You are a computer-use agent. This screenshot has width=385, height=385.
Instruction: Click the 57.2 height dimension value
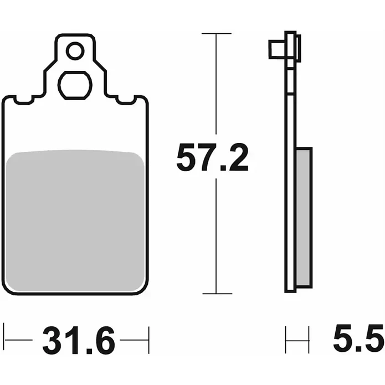(x=213, y=157)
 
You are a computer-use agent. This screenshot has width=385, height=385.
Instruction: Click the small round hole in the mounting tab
(x=75, y=51)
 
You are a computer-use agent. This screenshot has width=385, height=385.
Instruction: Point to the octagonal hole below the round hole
(x=75, y=85)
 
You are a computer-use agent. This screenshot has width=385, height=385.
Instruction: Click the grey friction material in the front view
(x=75, y=220)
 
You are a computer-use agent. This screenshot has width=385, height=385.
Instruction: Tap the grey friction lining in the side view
(x=304, y=218)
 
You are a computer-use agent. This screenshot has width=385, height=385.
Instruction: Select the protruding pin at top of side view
(x=278, y=49)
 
